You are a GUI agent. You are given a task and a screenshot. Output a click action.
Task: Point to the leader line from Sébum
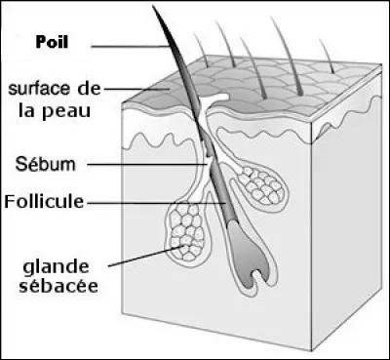[x=146, y=163]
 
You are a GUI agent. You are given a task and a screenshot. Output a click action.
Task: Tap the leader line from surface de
[x=141, y=91]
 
